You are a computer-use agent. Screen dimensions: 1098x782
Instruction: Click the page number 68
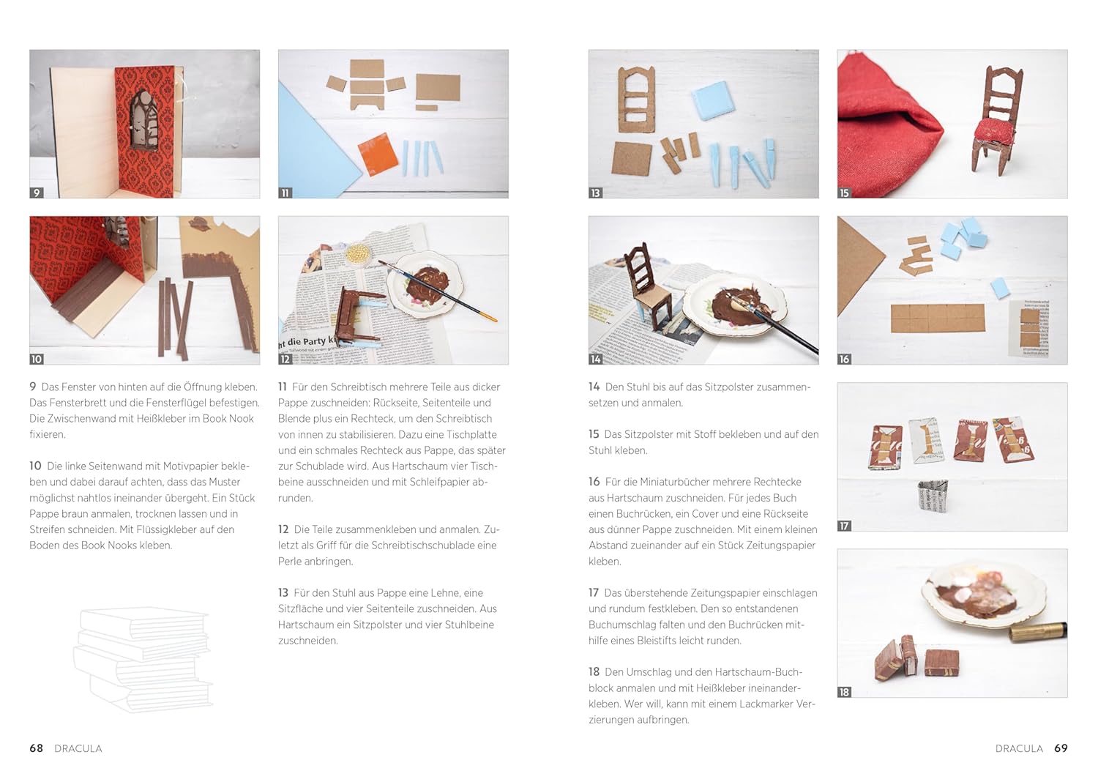point(37,748)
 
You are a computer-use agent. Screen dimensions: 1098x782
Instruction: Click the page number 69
point(1061,748)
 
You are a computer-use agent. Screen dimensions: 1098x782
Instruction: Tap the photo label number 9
point(37,193)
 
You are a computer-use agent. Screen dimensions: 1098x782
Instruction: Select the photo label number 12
point(285,359)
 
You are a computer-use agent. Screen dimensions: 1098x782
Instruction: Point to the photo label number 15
point(844,193)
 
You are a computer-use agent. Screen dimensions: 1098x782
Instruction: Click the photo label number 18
point(844,692)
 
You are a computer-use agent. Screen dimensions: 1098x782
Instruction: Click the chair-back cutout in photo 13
point(636,100)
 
